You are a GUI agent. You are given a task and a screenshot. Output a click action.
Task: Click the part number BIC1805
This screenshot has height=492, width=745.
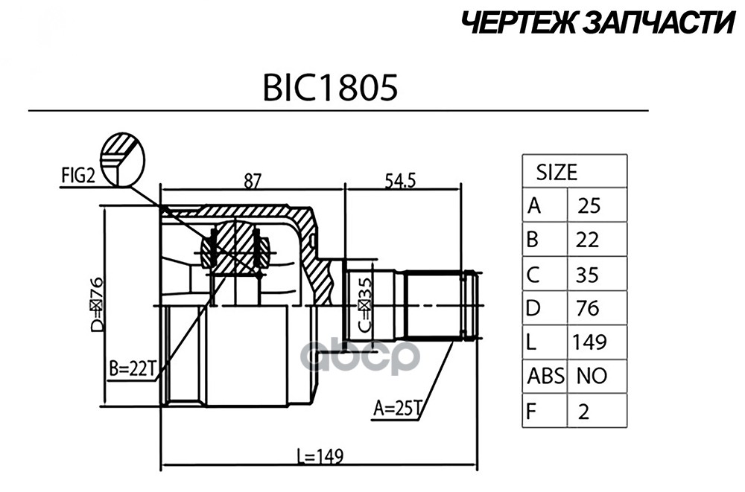pyautogui.click(x=330, y=88)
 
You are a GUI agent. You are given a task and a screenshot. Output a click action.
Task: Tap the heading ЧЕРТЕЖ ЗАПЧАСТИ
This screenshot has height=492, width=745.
pyautogui.click(x=598, y=22)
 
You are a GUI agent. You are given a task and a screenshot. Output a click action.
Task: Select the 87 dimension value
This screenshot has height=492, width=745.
pyautogui.click(x=253, y=181)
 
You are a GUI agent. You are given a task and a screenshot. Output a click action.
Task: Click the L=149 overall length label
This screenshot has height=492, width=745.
pyautogui.click(x=320, y=457)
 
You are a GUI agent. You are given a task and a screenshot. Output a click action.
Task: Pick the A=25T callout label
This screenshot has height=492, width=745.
pyautogui.click(x=398, y=407)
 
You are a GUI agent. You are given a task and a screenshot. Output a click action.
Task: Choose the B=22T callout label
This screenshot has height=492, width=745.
pyautogui.click(x=132, y=369)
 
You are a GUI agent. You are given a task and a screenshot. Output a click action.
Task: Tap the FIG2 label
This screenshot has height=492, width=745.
pyautogui.click(x=78, y=176)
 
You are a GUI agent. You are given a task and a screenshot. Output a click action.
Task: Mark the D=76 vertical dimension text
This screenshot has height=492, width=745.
pyautogui.click(x=96, y=303)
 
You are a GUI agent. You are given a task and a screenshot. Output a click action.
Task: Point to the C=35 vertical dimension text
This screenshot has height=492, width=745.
pyautogui.click(x=365, y=304)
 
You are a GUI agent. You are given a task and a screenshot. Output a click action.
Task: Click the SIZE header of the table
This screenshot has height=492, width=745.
pyautogui.click(x=557, y=172)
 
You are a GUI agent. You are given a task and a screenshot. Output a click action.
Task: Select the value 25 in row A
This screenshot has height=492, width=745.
pyautogui.click(x=589, y=206)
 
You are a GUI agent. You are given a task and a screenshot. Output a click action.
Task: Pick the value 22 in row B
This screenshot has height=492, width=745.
pyautogui.click(x=587, y=240)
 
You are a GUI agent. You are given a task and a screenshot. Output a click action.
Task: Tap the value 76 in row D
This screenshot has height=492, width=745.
pyautogui.click(x=587, y=309)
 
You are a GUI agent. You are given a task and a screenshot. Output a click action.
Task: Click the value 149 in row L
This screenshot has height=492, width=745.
pyautogui.click(x=589, y=342)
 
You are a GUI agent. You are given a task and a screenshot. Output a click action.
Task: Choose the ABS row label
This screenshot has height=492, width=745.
pyautogui.click(x=545, y=377)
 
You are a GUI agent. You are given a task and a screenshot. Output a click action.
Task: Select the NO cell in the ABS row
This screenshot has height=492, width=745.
pyautogui.click(x=592, y=377)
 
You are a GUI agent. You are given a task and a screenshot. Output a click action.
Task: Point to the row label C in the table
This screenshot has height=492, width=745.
pyautogui.click(x=533, y=275)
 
